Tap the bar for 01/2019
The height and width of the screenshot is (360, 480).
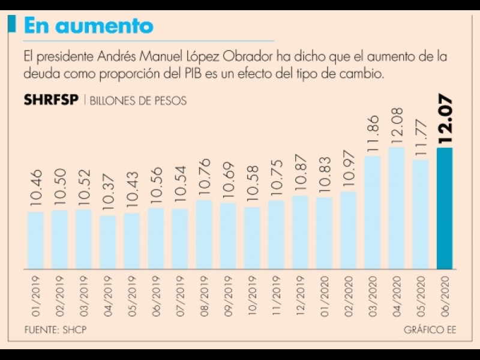[36, 240]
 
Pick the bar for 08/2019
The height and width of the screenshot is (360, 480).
[204, 234]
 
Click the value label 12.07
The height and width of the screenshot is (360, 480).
[445, 119]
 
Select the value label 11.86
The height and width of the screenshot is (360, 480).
[373, 133]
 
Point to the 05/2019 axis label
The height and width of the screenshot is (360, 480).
[132, 295]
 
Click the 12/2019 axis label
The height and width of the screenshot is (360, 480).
[300, 295]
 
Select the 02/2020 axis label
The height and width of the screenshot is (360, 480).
[348, 295]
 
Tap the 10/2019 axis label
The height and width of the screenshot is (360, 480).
[252, 295]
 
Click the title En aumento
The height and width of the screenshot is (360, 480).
[88, 26]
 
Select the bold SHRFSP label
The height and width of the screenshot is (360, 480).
[51, 100]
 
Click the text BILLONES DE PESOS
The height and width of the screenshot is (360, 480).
[139, 101]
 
